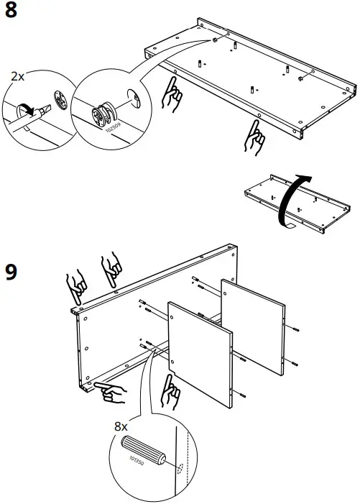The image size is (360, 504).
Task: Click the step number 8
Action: tap(11, 12)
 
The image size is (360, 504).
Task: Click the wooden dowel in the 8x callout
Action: tap(144, 449)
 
